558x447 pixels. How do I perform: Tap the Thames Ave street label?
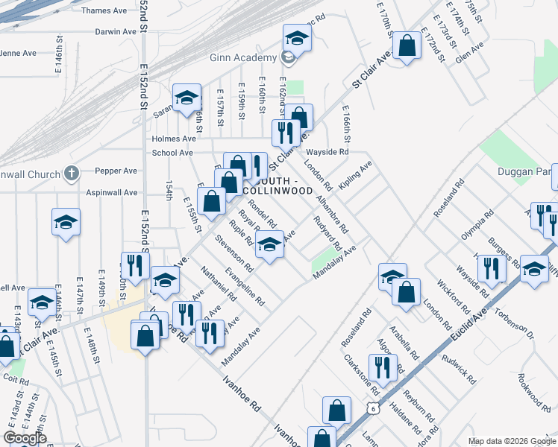pos(104,10)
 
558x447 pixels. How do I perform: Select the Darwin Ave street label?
pos(116,32)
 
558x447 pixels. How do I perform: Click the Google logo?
pos(25,438)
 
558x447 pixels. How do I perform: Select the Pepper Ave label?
pos(119,171)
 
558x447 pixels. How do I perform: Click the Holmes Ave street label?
pos(174,139)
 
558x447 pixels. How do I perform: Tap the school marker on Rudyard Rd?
pos(269,244)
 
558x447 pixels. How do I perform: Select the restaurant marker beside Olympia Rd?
pos(489,268)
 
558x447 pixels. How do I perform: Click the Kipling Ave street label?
pos(354,177)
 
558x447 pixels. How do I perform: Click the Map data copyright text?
pos(511,441)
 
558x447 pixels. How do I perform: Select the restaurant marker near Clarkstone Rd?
pos(382,367)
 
